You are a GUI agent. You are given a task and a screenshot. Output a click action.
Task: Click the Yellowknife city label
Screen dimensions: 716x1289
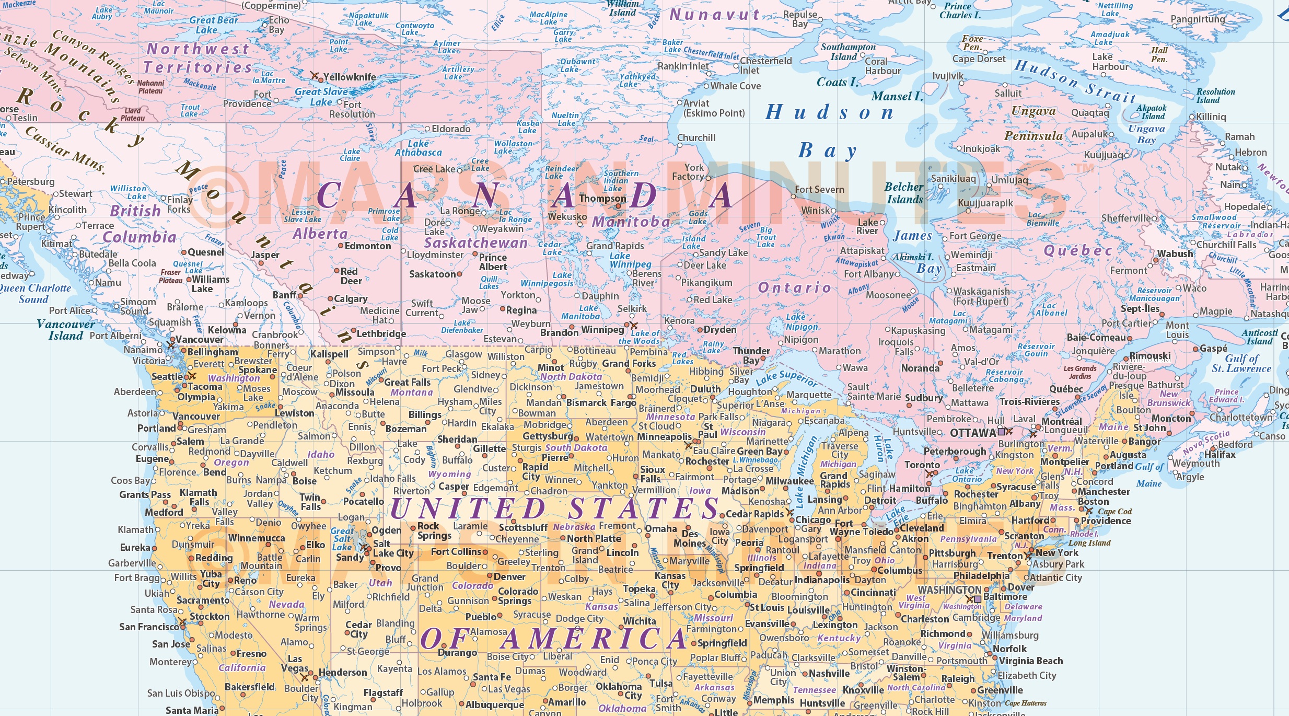coord(349,77)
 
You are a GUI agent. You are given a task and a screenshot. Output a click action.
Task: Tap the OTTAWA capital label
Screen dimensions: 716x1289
coord(972,433)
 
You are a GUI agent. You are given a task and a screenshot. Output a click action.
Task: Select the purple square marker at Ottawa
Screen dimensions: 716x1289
coord(1001,432)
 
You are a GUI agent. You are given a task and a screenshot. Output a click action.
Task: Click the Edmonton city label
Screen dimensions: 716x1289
coord(367,246)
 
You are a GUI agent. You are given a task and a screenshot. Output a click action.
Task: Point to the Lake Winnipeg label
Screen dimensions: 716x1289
coord(630,260)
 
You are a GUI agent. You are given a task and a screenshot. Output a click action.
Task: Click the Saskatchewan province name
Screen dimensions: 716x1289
coord(475,242)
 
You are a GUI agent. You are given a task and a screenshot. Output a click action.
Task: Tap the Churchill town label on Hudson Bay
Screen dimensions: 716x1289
coord(696,137)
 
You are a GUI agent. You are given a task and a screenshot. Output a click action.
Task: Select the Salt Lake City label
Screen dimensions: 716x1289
coord(392,548)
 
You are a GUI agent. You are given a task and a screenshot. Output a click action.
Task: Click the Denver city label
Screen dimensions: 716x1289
coord(509,577)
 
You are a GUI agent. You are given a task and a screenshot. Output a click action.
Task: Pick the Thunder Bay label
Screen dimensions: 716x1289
coord(751,355)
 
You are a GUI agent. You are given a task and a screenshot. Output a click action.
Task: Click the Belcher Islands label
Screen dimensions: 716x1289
coord(904,193)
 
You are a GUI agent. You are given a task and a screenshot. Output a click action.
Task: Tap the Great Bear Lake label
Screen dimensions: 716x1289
coord(213,25)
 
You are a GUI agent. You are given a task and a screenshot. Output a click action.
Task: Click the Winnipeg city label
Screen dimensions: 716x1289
coord(602,330)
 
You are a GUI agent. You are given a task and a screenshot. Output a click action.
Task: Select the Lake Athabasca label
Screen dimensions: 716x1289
coord(418,148)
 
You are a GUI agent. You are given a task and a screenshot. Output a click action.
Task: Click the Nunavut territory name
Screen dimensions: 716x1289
coord(714,15)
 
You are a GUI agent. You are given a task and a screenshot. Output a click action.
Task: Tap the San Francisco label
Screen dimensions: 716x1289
coord(148,627)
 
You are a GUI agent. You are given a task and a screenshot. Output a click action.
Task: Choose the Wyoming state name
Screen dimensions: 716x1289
coord(449,474)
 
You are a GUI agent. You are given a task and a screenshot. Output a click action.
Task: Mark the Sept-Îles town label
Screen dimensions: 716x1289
coord(1140,308)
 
